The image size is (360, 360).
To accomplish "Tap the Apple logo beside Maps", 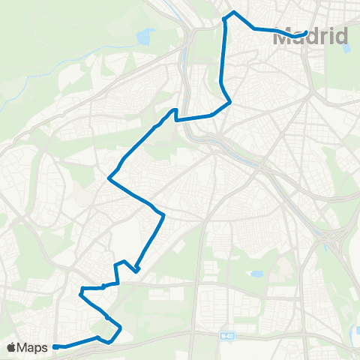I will (x=12, y=347).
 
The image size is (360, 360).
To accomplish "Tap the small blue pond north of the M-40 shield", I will (x=257, y=274).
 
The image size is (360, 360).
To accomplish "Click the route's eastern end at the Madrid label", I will (x=306, y=32).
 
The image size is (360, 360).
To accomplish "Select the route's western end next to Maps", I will (x=55, y=346).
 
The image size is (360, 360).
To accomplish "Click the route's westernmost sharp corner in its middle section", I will (x=109, y=178).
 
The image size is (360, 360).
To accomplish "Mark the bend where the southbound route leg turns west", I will (x=229, y=101).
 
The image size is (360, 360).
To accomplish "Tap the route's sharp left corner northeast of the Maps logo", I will (x=81, y=288).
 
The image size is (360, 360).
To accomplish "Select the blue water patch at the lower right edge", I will (x=355, y=331).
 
